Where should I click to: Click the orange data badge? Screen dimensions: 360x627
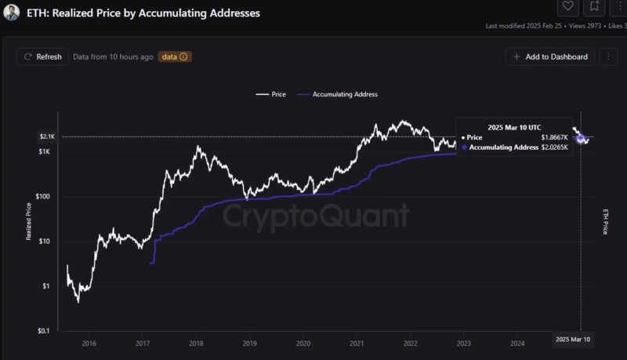click(175, 56)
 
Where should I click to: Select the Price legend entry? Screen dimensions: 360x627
click(271, 94)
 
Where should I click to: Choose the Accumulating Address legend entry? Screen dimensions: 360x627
click(337, 94)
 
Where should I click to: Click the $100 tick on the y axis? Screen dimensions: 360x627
click(43, 197)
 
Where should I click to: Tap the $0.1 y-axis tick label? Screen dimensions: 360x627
click(44, 331)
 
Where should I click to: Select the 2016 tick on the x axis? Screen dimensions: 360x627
click(89, 343)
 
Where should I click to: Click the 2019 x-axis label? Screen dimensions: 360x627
click(249, 343)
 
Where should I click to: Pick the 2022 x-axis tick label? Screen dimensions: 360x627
click(410, 343)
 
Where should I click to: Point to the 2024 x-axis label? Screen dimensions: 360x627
click(516, 343)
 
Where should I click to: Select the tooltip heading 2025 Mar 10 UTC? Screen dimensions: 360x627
click(513, 126)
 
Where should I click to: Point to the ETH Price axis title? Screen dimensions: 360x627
click(605, 222)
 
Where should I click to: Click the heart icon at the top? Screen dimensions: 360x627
click(568, 6)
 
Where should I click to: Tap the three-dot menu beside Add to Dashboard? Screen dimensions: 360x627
click(607, 56)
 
